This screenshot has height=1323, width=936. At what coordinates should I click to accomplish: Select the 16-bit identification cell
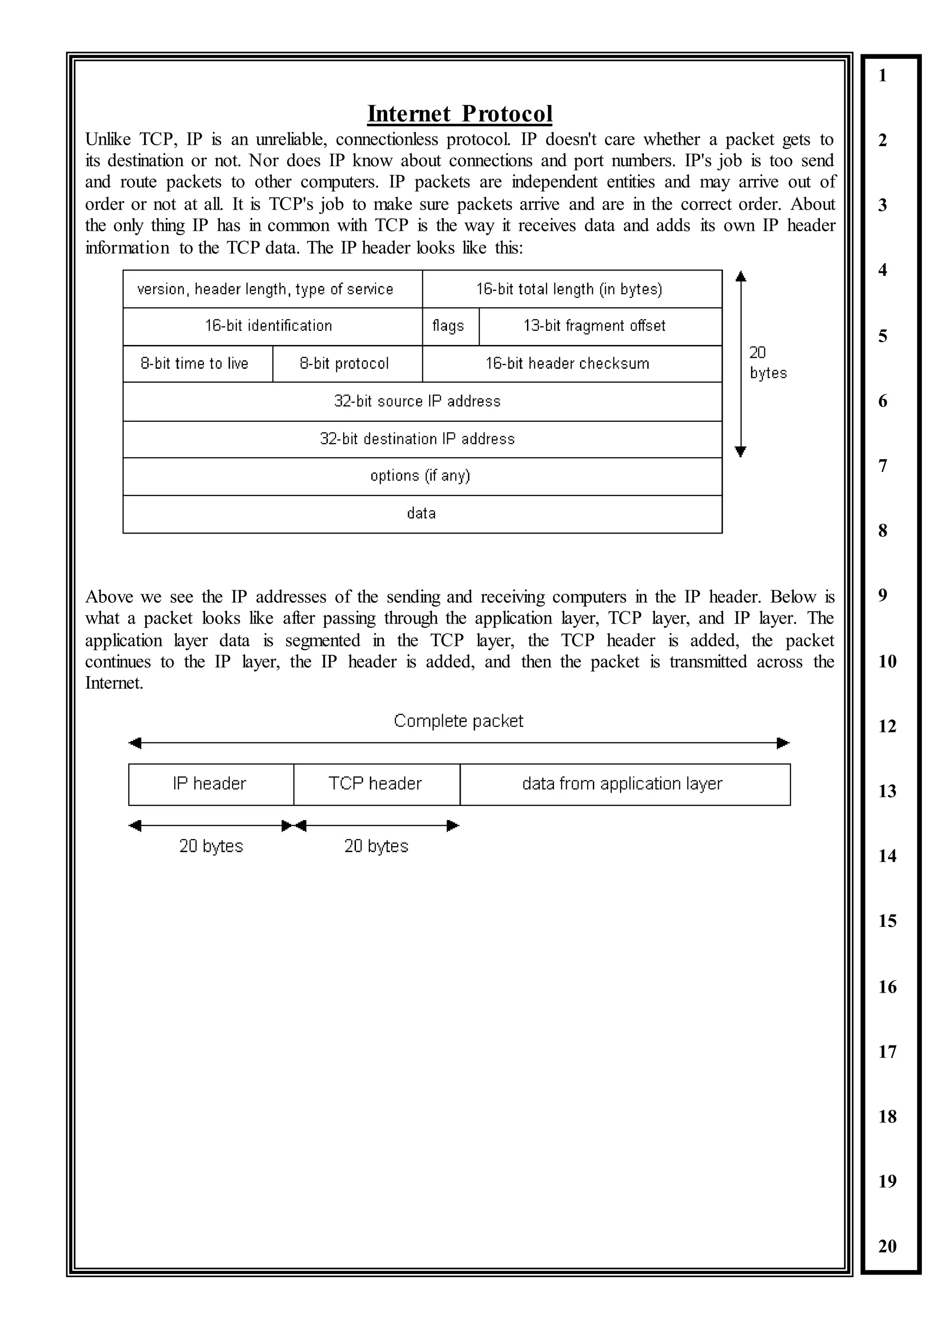pyautogui.click(x=269, y=326)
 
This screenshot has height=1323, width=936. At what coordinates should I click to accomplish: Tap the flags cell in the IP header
pyautogui.click(x=448, y=326)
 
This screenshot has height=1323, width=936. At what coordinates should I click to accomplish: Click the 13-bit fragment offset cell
pyautogui.click(x=594, y=326)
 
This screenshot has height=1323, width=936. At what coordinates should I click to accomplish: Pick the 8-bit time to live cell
pyautogui.click(x=195, y=364)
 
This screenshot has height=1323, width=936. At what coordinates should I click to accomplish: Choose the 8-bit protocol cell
pyautogui.click(x=345, y=364)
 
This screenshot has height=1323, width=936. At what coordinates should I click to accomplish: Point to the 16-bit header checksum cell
pyautogui.click(x=568, y=364)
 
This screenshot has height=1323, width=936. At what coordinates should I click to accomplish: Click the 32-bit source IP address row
pyautogui.click(x=418, y=401)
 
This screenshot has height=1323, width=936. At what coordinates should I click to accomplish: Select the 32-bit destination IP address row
pyautogui.click(x=418, y=439)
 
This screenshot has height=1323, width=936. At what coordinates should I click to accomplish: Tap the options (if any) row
pyautogui.click(x=420, y=476)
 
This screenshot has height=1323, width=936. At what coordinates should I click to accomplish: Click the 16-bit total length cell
pyautogui.click(x=569, y=289)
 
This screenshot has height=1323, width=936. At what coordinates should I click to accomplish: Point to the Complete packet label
pyautogui.click(x=459, y=721)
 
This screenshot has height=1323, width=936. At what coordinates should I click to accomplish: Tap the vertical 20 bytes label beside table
pyautogui.click(x=767, y=363)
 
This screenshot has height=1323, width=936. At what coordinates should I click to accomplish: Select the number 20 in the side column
pyautogui.click(x=887, y=1246)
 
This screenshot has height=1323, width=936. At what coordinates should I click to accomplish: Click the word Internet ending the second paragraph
pyautogui.click(x=113, y=683)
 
